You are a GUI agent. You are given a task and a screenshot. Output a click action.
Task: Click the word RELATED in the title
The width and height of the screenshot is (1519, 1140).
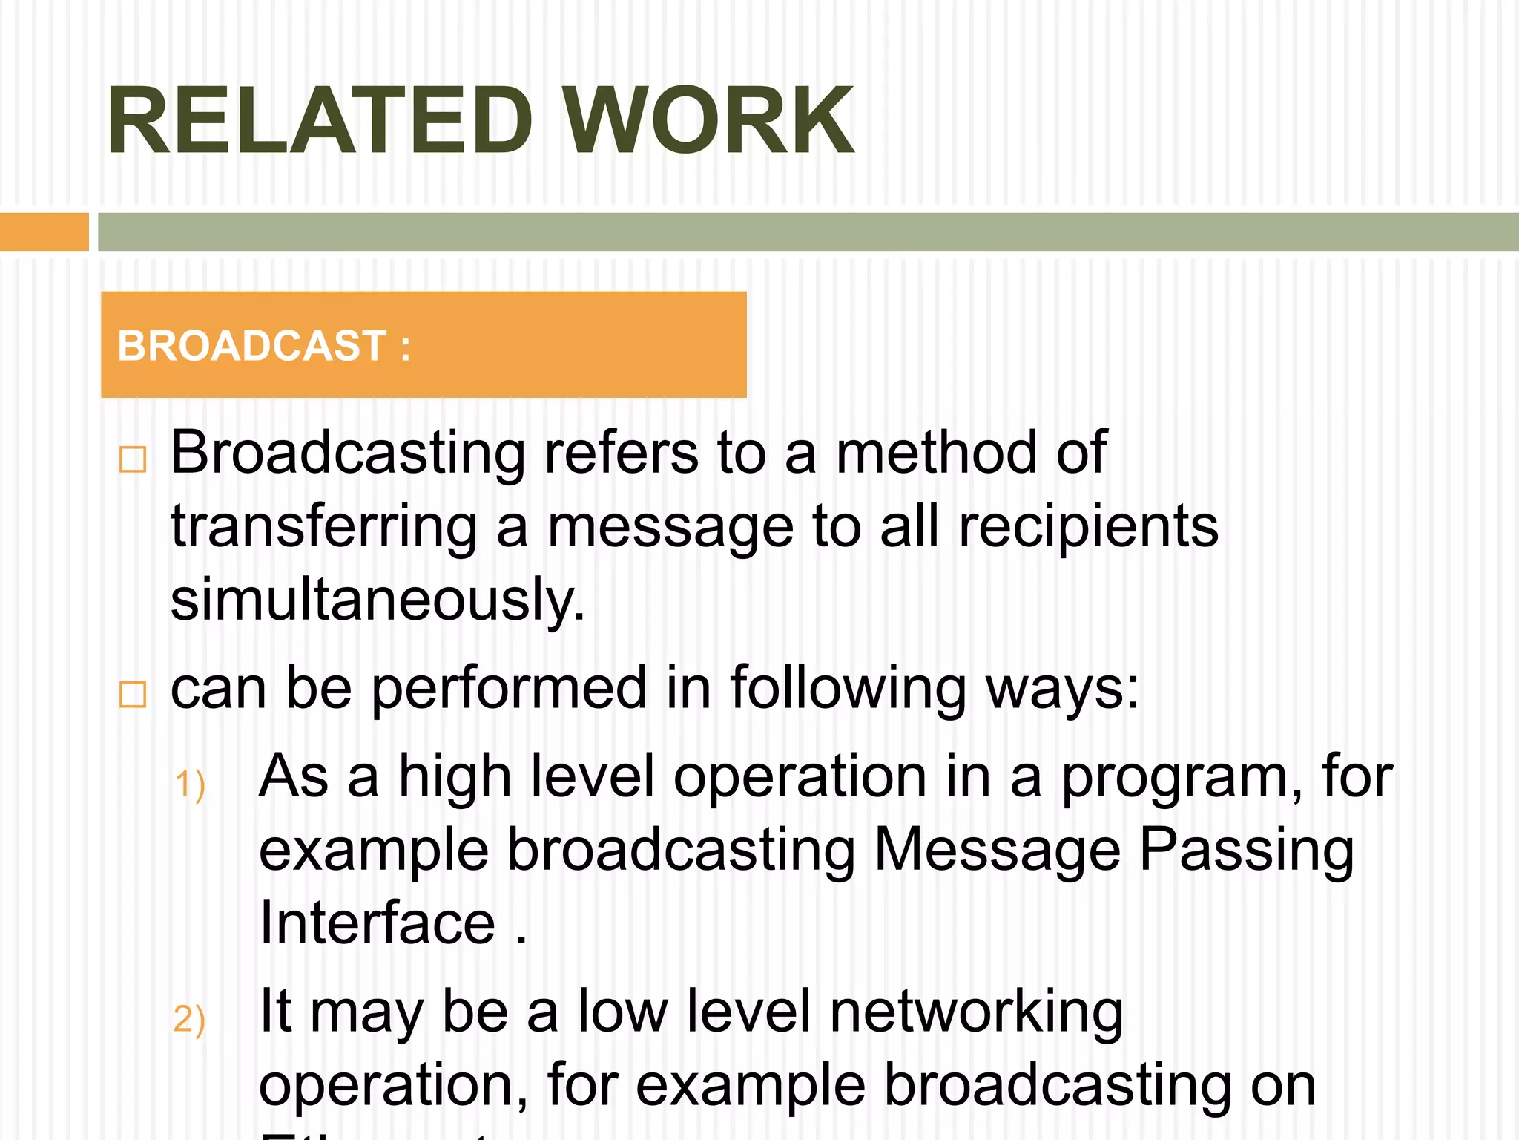pyautogui.click(x=320, y=121)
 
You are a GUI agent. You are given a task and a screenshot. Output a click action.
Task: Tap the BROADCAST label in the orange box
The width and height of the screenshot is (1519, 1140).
pyautogui.click(x=252, y=346)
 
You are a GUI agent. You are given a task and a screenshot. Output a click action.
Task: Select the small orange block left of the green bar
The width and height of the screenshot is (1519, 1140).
pyautogui.click(x=44, y=232)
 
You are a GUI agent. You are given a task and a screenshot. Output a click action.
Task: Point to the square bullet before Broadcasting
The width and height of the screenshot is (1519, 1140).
pyautogui.click(x=133, y=459)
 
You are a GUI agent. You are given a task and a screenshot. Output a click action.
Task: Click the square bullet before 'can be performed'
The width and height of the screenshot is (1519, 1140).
pyautogui.click(x=133, y=695)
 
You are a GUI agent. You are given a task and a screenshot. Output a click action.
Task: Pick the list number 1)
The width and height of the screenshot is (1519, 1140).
pyautogui.click(x=189, y=784)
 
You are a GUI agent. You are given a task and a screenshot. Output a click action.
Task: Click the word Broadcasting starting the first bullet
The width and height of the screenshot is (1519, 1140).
pyautogui.click(x=348, y=453)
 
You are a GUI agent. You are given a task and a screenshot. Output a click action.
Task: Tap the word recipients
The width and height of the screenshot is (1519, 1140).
pyautogui.click(x=1088, y=527)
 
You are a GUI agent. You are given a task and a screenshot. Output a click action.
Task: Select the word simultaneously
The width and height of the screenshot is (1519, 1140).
pyautogui.click(x=378, y=600)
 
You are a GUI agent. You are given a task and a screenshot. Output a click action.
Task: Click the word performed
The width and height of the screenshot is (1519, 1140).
pyautogui.click(x=509, y=688)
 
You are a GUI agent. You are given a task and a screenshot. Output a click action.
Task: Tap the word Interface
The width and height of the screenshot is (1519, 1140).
pyautogui.click(x=378, y=923)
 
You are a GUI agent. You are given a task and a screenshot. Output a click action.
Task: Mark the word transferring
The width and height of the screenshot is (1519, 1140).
pyautogui.click(x=324, y=527)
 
